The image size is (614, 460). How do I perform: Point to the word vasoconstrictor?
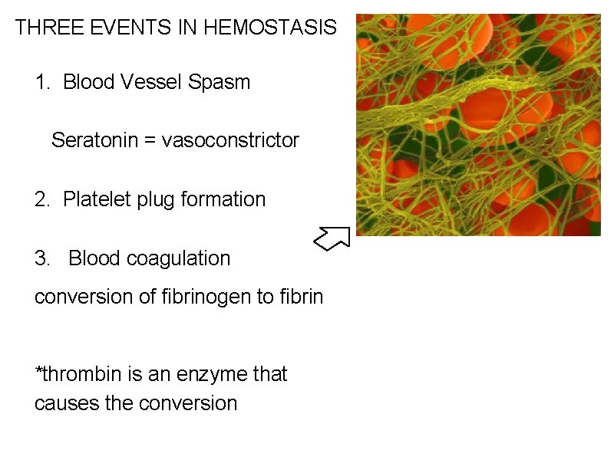[x=230, y=140]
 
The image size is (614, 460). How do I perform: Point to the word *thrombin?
[x=74, y=374]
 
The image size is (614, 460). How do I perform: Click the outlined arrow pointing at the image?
[x=332, y=238]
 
